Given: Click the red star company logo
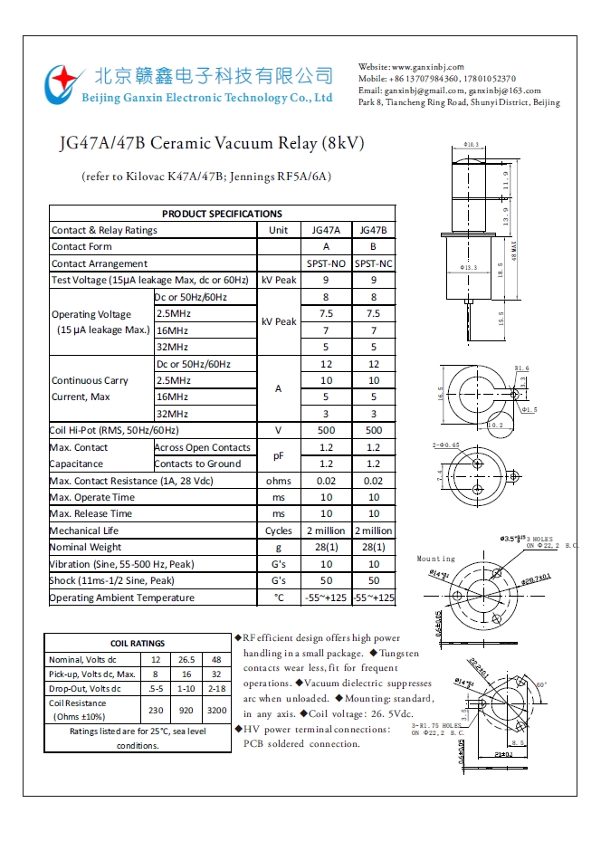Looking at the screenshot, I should pos(62,83).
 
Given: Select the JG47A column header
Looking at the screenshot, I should pos(326,230).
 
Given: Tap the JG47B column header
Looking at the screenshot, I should pos(373,230).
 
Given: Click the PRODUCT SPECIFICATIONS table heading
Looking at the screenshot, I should pos(222,214).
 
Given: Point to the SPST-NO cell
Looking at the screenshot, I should pos(326,263).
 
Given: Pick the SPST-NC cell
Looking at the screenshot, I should pos(373,263).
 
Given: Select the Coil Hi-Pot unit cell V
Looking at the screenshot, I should pos(278,431).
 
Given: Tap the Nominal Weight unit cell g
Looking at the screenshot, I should pos(278,547).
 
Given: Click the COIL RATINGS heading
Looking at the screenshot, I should pos(137,643).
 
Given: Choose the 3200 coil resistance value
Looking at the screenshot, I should pos(217,711).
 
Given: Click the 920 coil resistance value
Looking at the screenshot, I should pos(186,711).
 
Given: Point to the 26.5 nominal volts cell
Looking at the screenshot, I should pos(186,659).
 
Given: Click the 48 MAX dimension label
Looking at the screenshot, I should pos(513,245).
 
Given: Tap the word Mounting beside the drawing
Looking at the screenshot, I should pos(435,559).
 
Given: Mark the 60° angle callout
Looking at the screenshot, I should pos(541,684).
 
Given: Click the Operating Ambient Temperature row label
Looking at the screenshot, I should pos(121,598).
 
